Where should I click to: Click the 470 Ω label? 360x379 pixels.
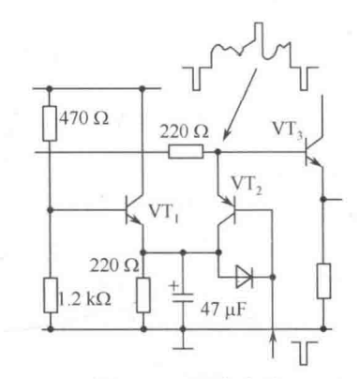(83, 118)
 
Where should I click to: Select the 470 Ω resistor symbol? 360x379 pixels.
(50, 124)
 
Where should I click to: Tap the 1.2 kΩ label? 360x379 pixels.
(84, 299)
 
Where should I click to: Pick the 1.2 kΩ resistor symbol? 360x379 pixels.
(50, 296)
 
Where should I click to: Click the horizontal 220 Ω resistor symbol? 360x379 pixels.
(186, 152)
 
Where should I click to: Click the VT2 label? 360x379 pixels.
(247, 186)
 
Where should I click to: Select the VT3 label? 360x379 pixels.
(288, 129)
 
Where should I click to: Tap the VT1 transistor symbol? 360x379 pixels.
(134, 210)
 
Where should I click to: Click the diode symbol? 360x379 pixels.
(244, 277)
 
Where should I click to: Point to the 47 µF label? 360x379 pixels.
(223, 310)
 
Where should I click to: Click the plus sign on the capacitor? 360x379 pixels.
(174, 286)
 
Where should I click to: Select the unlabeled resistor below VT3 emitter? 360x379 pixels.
(323, 281)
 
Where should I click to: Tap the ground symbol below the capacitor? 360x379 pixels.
(183, 347)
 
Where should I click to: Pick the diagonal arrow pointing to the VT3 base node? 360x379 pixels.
(240, 104)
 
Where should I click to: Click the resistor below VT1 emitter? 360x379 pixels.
(143, 295)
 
